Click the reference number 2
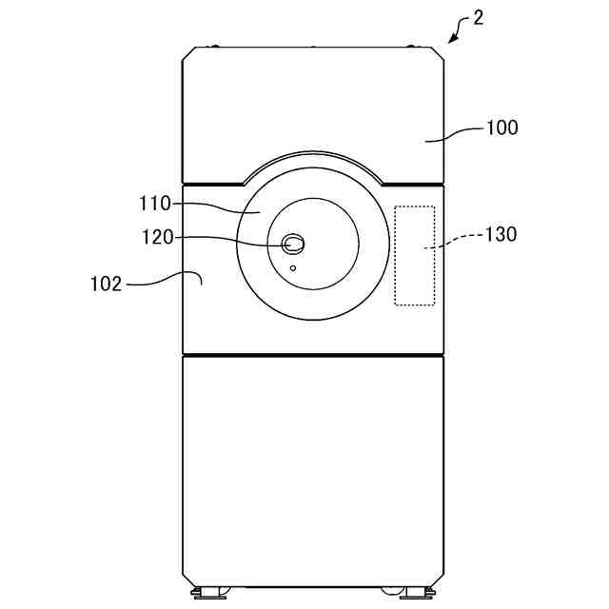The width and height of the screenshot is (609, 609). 478,18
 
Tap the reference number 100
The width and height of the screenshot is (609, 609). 502,128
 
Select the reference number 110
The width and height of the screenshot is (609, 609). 155,204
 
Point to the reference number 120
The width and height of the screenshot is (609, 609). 158,237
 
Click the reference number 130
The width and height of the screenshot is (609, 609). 501,234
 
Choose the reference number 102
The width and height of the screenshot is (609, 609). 106,284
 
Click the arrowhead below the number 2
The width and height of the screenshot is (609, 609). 453,38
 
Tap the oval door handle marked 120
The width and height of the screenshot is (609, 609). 293,244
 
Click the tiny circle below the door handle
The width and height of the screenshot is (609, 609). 293,268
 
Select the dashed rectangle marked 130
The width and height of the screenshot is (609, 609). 415,256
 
